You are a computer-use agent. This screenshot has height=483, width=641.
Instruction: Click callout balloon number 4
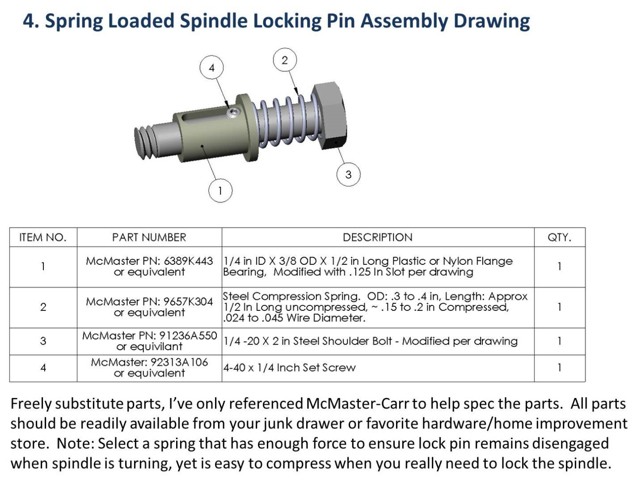tap(211, 68)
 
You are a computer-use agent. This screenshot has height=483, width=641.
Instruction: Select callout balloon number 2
tap(285, 60)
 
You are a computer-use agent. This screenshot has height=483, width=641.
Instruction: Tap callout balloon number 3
tap(348, 174)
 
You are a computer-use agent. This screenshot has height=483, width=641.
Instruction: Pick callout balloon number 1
tap(220, 191)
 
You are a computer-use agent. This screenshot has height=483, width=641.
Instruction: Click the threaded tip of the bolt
tap(144, 142)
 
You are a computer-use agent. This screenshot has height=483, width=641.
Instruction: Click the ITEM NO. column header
tap(43, 237)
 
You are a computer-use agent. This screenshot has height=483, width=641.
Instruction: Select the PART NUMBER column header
tap(149, 237)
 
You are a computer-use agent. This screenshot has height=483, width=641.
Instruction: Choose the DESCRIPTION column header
tap(377, 237)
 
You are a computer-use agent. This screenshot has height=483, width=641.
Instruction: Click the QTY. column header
tap(559, 237)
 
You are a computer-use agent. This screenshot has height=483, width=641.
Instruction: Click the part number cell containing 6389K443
tap(149, 267)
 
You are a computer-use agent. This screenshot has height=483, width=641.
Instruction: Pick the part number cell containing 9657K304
tap(149, 307)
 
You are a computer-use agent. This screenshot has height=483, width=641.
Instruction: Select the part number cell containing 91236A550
tap(149, 341)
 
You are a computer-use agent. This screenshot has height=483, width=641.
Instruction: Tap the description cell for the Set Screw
tap(377, 368)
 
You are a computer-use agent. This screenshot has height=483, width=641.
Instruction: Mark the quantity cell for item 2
tap(559, 307)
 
